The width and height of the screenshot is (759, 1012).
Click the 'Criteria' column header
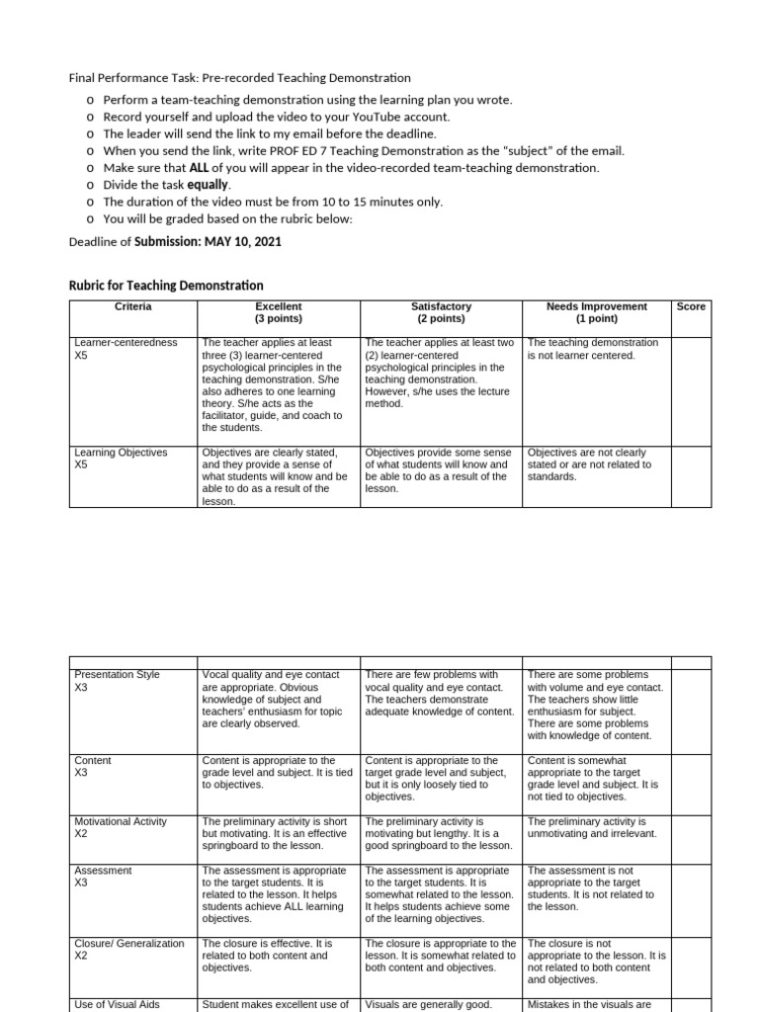click(x=132, y=307)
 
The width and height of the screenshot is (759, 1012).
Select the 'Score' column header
click(x=691, y=307)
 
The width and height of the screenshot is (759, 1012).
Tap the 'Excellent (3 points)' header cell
click(x=278, y=313)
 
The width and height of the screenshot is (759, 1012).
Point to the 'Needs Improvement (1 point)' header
click(x=596, y=313)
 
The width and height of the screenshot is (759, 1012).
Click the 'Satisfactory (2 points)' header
click(x=440, y=313)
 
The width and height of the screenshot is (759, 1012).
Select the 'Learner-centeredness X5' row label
click(x=126, y=349)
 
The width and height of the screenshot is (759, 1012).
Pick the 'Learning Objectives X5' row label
click(x=121, y=459)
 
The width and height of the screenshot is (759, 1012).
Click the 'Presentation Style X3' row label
click(x=117, y=681)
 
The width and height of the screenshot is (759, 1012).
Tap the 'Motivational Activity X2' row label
click(x=121, y=827)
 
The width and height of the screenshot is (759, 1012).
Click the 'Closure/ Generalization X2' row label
click(x=128, y=950)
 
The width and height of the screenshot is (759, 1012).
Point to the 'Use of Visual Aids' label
click(x=117, y=1005)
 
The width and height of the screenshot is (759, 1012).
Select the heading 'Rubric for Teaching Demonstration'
click(x=166, y=286)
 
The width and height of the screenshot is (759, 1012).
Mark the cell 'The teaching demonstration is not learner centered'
click(x=593, y=349)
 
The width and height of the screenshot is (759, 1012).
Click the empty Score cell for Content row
click(x=691, y=778)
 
